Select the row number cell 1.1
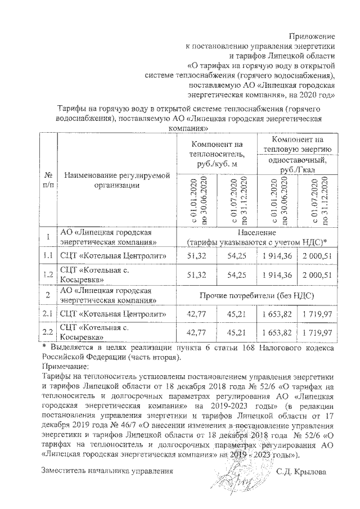click(x=48, y=256)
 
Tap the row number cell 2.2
click(x=48, y=334)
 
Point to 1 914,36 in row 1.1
click(x=277, y=256)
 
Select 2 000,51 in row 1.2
click(x=318, y=275)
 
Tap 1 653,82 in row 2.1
click(x=277, y=314)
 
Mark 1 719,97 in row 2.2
click(x=318, y=334)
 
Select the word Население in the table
click(x=256, y=232)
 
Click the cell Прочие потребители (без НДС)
click(x=256, y=295)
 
